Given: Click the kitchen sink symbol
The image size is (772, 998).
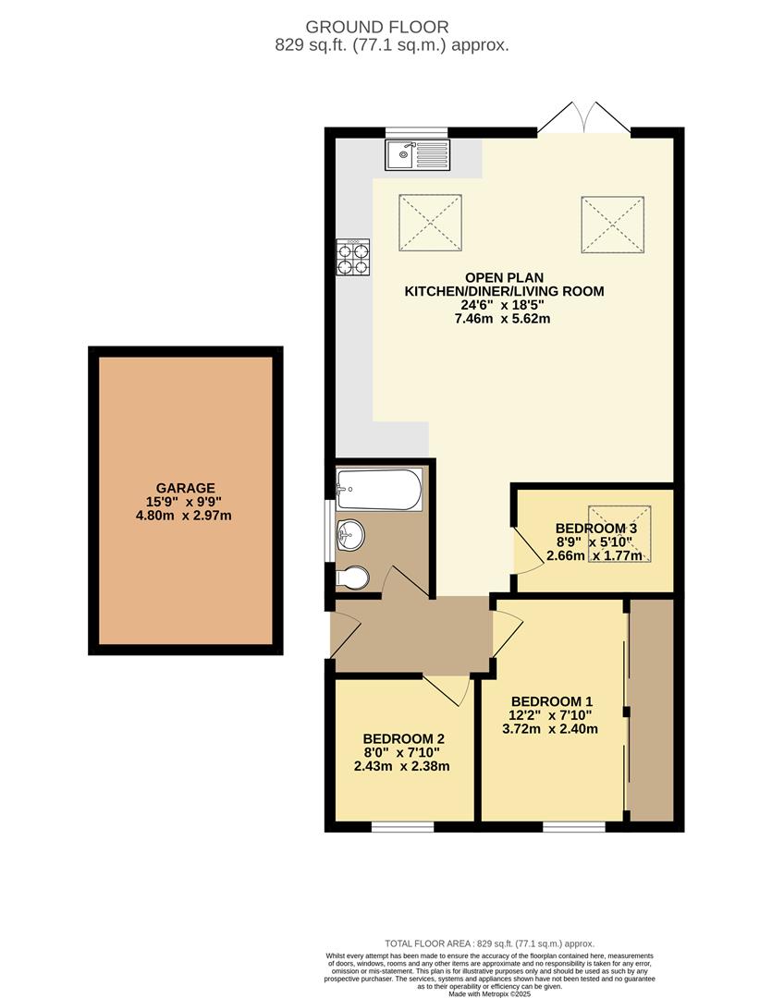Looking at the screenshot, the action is click(x=417, y=154).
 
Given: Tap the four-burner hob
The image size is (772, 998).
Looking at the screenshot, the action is click(x=353, y=258).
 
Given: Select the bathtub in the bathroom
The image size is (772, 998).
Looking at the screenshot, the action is click(x=379, y=490).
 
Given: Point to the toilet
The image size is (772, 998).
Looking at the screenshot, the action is click(x=352, y=578).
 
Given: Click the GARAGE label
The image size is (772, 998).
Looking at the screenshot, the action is click(x=185, y=488).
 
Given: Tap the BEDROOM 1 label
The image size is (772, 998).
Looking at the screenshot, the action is click(x=552, y=701).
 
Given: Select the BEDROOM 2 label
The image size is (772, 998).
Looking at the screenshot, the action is click(x=403, y=739).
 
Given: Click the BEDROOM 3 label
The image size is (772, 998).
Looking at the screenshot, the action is click(x=596, y=529).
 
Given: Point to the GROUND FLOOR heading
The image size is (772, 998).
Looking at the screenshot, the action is click(x=377, y=27).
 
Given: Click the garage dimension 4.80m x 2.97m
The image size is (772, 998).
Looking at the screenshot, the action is click(x=183, y=516).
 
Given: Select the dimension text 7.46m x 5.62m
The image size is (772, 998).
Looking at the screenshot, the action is click(x=502, y=318).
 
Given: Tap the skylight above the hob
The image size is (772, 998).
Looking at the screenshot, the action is click(x=430, y=223).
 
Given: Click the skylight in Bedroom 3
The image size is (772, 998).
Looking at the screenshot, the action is click(x=619, y=534).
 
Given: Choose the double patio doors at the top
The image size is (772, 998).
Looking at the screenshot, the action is click(x=584, y=117).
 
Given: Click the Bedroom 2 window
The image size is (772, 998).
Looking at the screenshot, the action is click(x=402, y=827).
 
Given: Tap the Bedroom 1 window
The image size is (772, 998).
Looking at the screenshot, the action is click(x=574, y=827).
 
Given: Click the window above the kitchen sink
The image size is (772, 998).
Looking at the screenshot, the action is click(x=417, y=132).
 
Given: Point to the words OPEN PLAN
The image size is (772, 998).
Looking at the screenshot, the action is click(x=505, y=277).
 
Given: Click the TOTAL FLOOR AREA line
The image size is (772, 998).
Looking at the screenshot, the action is click(x=489, y=943).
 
